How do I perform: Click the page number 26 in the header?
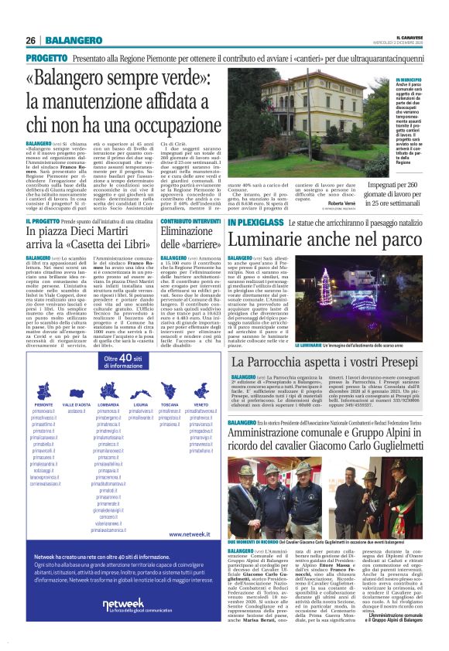click(31, 40)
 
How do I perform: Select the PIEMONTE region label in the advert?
click(43, 404)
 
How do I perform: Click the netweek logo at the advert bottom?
click(123, 604)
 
